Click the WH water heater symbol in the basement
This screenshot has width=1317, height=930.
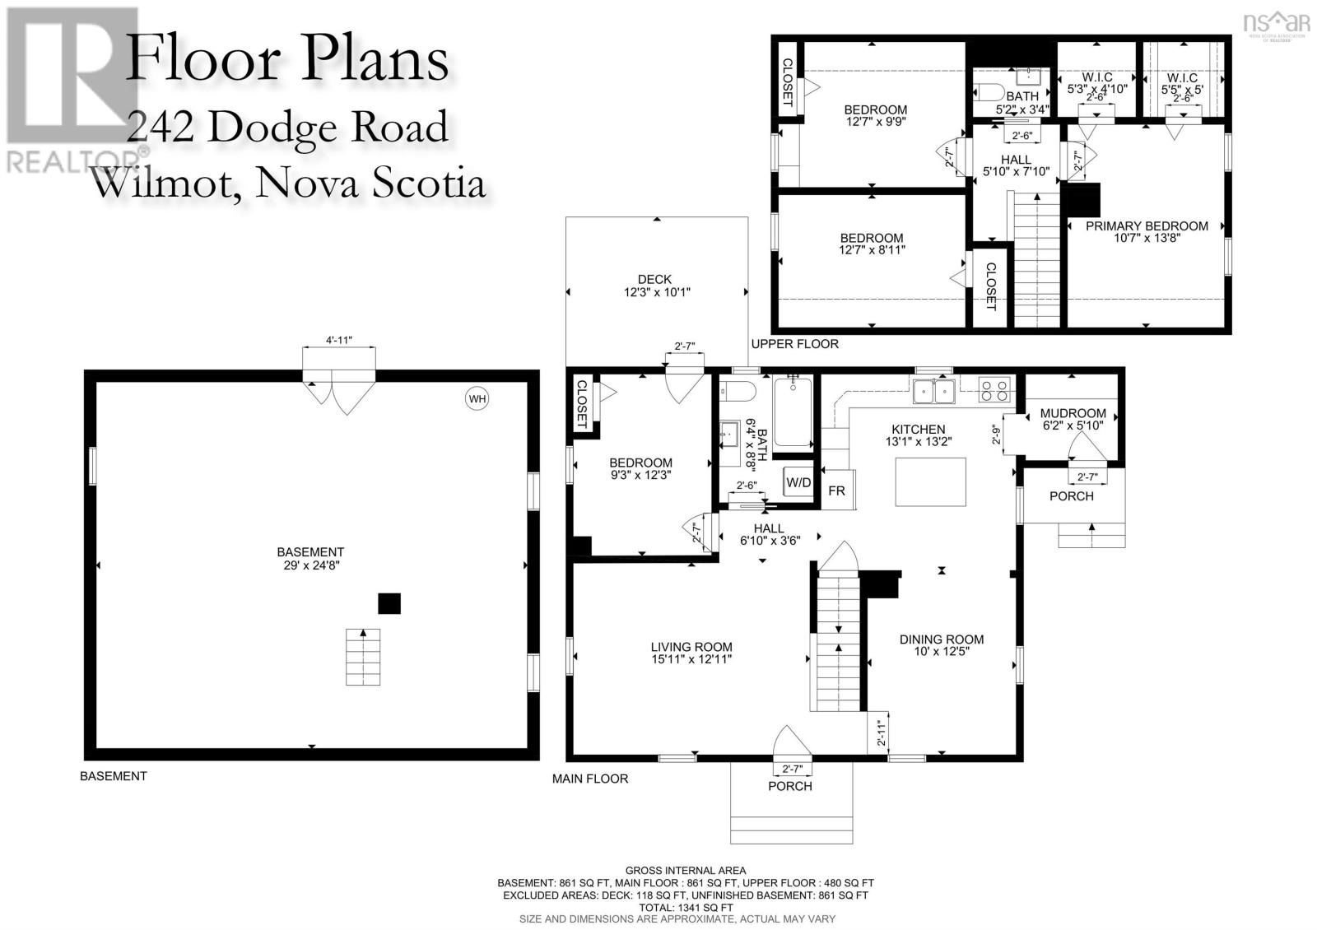point(477,399)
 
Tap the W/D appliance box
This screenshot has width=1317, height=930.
point(798,482)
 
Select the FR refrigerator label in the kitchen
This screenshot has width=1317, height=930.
point(836,491)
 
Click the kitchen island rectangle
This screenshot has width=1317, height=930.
point(930,481)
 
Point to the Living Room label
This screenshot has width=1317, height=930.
point(691,653)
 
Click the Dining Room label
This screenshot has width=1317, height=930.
point(941,644)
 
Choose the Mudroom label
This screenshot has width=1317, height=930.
point(1073,419)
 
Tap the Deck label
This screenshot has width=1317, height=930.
point(655,286)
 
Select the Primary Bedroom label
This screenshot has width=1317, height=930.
point(1147,232)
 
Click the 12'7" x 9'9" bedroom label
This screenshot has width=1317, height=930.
point(875,115)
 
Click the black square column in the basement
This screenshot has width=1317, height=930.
point(389,604)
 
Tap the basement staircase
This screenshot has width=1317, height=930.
point(363,656)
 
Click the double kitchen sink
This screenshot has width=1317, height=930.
point(934,390)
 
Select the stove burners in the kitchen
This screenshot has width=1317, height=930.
point(994,389)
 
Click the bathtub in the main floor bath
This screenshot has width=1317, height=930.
point(793,412)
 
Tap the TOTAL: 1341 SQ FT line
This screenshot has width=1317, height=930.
point(685,907)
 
